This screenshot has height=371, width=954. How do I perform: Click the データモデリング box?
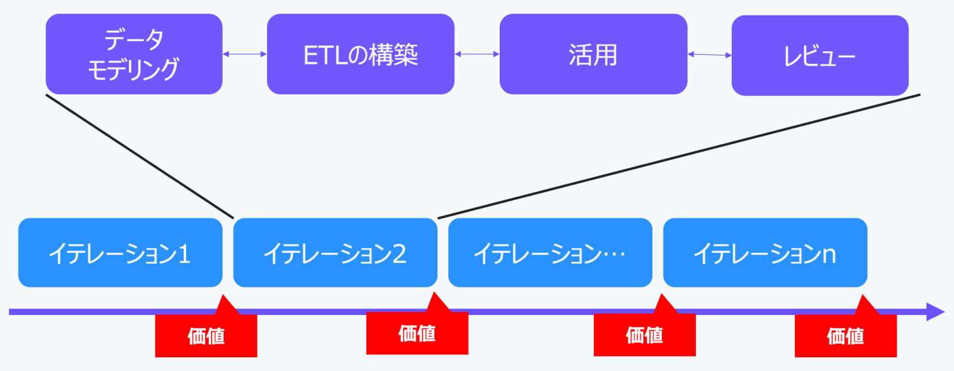coord(134,54)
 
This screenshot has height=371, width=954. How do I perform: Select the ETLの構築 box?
coord(361,54)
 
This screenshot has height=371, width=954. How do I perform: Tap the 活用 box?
coord(593,54)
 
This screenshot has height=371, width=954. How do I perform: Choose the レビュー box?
coord(820,55)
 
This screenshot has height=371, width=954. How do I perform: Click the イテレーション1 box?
coord(120,252)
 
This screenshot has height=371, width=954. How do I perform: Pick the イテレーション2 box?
coord(335,252)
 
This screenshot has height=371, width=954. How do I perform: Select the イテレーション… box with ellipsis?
coord(550,252)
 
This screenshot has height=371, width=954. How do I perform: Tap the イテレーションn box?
coord(766,252)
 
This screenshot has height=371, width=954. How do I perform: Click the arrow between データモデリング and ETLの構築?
coord(245,54)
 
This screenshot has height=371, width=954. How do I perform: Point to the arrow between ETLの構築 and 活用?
coord(477,54)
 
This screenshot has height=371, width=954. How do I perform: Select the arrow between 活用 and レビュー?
coord(710,54)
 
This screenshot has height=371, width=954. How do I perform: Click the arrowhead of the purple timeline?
coord(936,312)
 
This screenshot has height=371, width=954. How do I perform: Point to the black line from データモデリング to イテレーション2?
coord(140,156)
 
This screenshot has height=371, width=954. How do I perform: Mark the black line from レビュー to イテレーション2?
coord(679,156)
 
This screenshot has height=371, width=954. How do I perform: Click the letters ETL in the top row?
coord(326,55)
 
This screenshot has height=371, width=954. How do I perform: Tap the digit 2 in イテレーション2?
coord(399,254)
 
